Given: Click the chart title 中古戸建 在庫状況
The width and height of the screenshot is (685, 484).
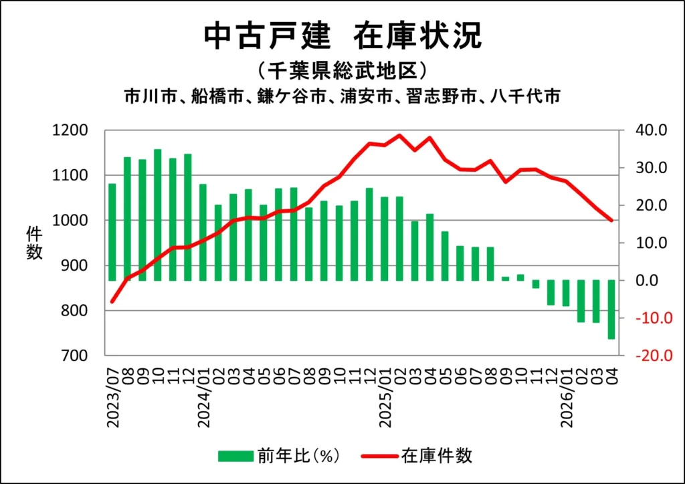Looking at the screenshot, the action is (x=343, y=35).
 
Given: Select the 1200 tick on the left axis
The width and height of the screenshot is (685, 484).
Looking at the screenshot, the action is (x=70, y=130).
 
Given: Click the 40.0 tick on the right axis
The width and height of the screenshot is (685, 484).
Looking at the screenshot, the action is (x=651, y=130).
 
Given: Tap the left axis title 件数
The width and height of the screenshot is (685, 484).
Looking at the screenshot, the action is (x=34, y=243).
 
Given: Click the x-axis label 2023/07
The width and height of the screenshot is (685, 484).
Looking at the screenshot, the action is (x=112, y=398).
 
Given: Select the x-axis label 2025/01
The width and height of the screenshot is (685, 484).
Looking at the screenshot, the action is (x=385, y=398).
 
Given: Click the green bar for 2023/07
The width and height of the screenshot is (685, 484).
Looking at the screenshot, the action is (x=112, y=232).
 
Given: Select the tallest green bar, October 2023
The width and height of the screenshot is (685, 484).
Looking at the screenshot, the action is (x=158, y=215).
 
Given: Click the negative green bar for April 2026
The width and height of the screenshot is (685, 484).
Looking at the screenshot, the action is (x=611, y=310).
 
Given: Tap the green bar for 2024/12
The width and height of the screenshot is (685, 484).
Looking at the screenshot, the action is (x=369, y=235).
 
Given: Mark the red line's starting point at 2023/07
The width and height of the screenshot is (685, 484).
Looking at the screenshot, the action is (x=112, y=301).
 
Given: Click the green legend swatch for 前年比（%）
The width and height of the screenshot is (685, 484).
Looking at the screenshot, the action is (x=236, y=456).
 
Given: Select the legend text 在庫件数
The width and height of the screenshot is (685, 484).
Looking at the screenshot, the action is (x=437, y=456).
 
